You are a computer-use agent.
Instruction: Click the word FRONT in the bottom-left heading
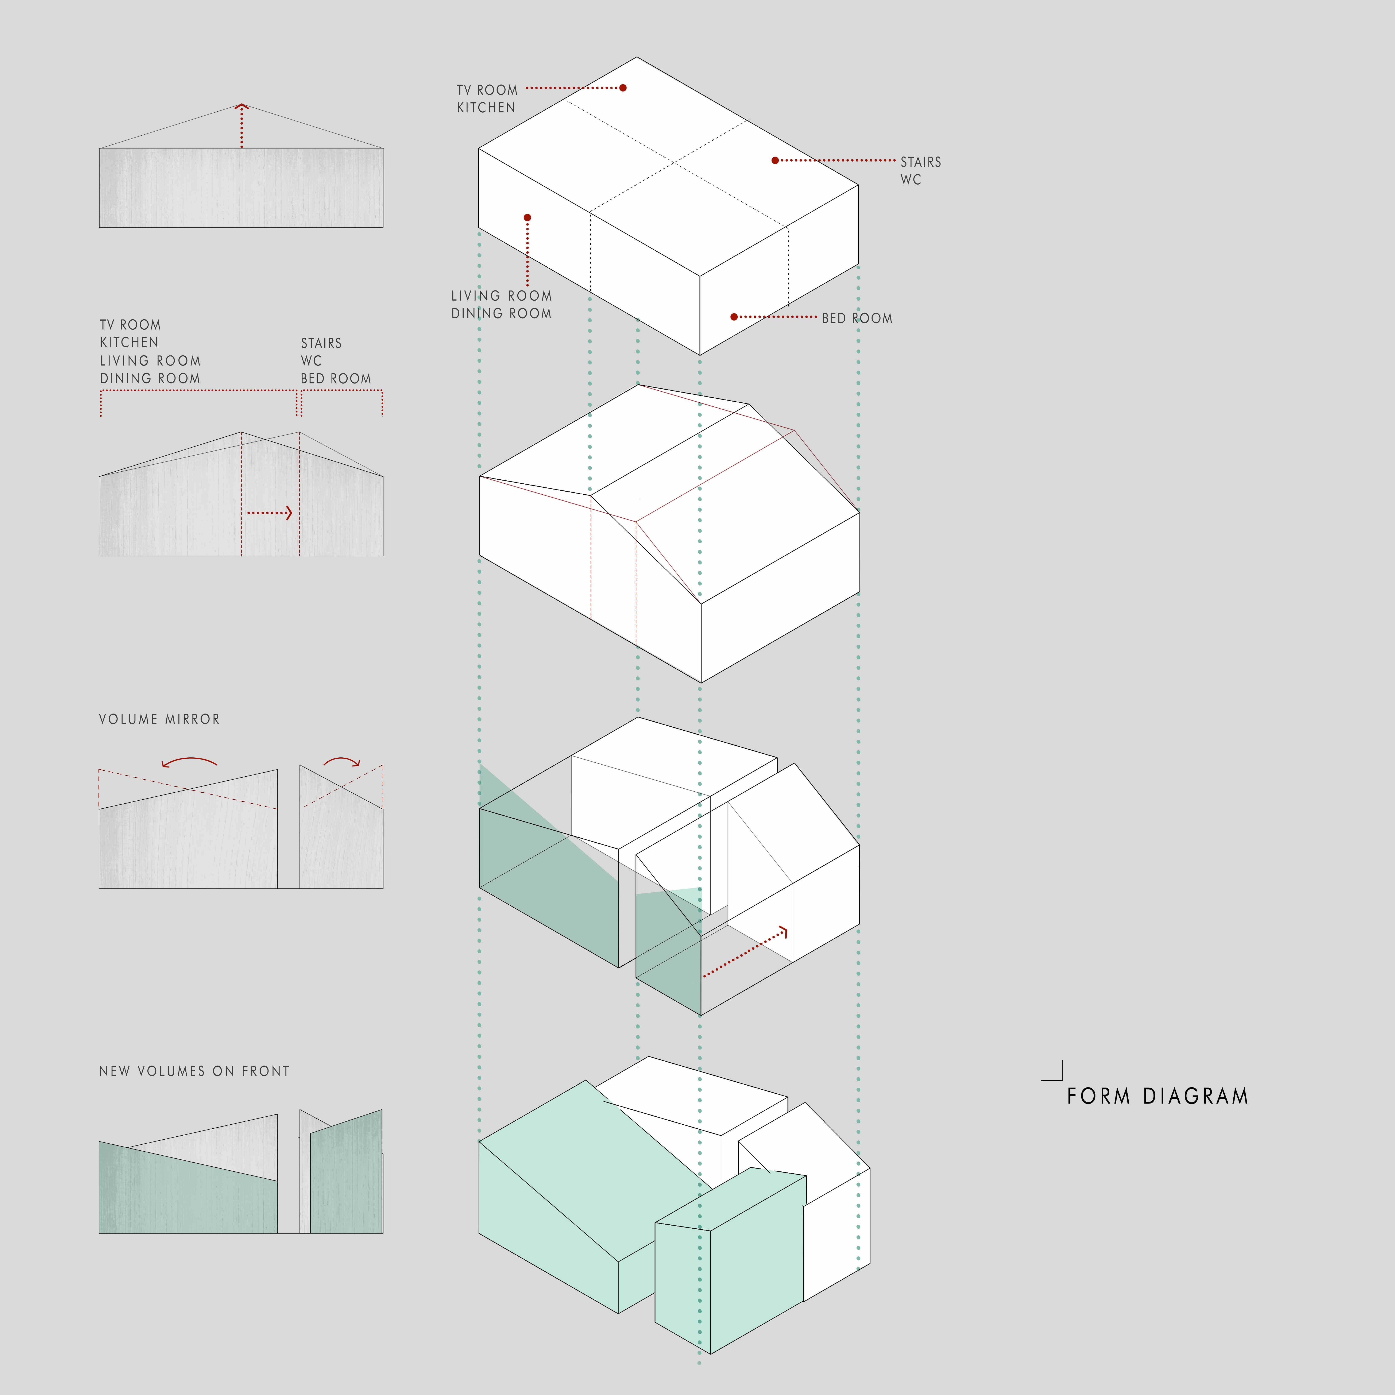point(266,1071)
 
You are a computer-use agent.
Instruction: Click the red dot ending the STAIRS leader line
point(775,160)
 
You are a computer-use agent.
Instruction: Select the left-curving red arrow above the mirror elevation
point(189,762)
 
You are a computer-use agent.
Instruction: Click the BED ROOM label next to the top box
point(857,318)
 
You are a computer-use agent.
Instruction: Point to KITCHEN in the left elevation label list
point(129,342)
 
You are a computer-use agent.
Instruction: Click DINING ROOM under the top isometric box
point(501,313)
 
